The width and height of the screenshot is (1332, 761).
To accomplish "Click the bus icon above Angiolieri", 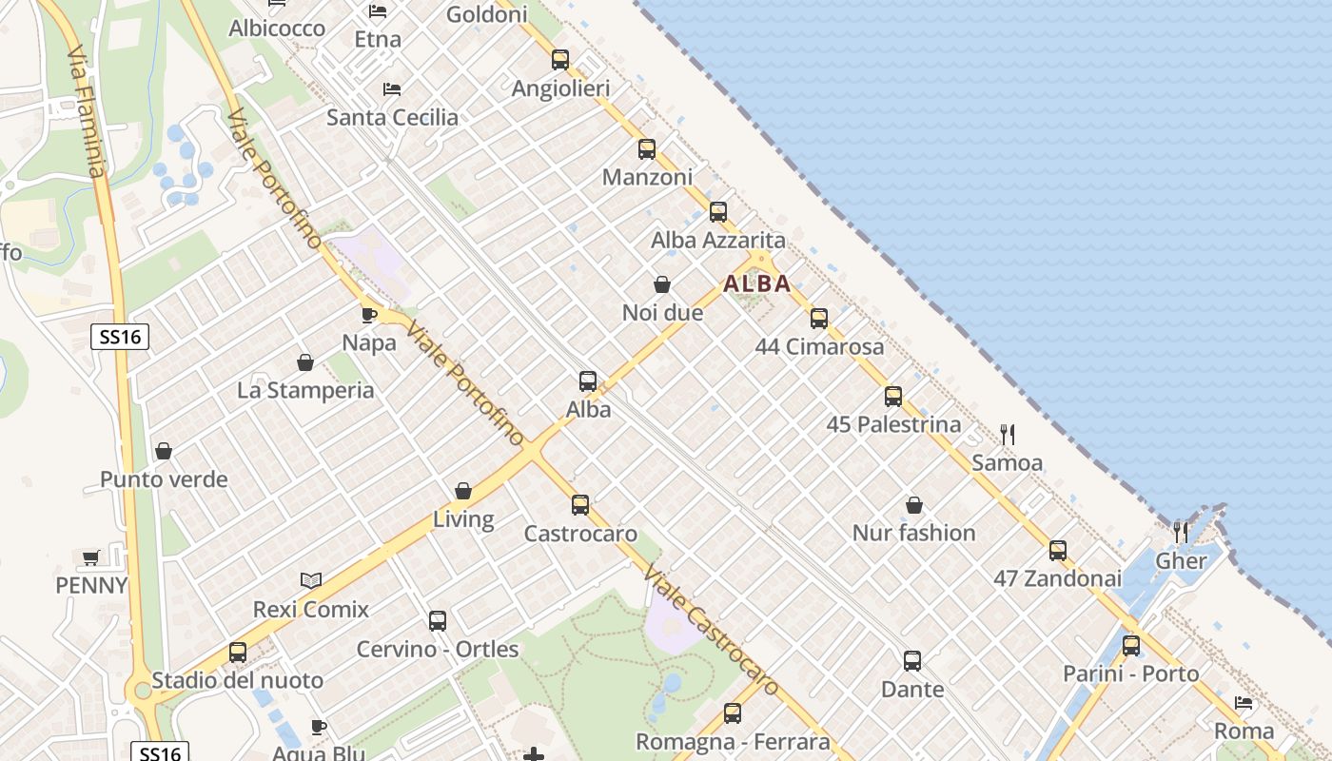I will tap(560, 60).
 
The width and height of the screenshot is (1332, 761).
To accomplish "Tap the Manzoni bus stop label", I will tap(647, 178).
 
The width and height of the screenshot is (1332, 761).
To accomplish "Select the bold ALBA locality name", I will tap(757, 283).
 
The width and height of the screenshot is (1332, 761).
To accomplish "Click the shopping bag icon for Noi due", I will tap(662, 284).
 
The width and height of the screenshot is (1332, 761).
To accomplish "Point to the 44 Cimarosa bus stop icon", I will tap(819, 319).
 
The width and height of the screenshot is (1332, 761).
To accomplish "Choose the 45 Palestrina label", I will tap(893, 424).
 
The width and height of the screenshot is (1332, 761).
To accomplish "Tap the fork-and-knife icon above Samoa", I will tap(1008, 435).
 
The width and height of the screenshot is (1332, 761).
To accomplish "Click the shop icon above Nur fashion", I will tap(914, 505).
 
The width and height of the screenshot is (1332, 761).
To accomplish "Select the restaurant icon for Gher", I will tap(1181, 532).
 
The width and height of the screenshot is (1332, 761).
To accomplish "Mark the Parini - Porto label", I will tap(1130, 674).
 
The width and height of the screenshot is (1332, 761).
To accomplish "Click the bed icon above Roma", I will tap(1244, 703).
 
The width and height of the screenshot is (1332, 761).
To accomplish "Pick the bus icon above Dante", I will tap(912, 660).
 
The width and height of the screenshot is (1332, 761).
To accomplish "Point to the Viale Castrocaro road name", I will tap(711, 629).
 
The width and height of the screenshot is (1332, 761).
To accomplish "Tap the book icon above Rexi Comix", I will tap(311, 580).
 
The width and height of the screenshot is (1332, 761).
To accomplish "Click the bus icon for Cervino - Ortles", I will tap(438, 621).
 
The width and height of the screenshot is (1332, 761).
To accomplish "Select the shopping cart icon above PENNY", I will tap(91, 557).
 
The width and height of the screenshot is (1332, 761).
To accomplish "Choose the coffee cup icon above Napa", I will tap(369, 315).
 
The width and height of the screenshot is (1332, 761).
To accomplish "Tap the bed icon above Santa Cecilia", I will tap(392, 89).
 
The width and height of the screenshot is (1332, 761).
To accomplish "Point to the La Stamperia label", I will tap(305, 391).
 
